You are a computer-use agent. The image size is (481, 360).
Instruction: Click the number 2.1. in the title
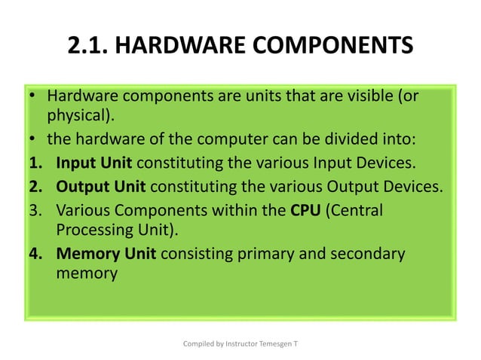click(x=88, y=45)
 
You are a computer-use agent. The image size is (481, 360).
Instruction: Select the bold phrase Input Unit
click(x=94, y=163)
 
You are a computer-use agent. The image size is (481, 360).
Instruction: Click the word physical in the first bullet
click(x=80, y=117)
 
